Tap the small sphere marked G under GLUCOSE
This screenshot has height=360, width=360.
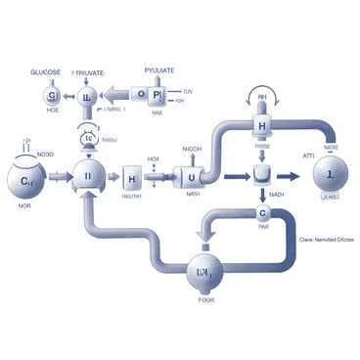point(52,96)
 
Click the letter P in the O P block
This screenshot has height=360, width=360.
point(157,95)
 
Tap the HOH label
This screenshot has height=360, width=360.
point(153,157)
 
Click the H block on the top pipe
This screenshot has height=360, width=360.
point(261,127)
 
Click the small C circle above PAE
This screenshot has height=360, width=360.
point(262,213)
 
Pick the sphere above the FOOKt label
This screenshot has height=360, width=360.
point(206,273)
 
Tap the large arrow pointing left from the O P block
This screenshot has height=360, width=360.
point(114,95)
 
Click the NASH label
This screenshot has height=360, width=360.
point(193,195)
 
